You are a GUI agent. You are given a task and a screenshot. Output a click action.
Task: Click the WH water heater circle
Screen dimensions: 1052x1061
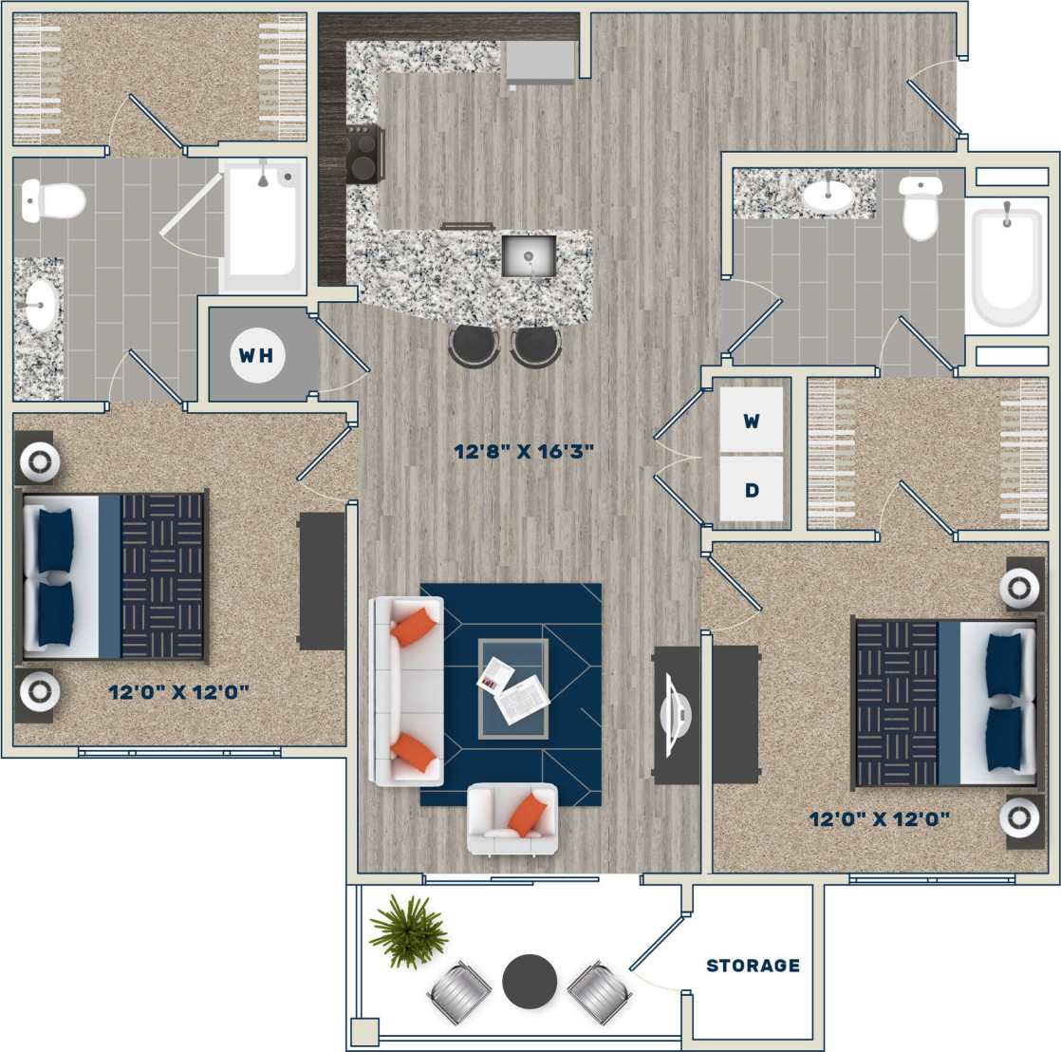tap(256, 355)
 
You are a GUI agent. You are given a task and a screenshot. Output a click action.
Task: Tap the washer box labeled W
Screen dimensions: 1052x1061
tap(751, 421)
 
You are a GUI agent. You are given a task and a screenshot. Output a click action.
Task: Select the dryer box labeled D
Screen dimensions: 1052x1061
tap(751, 490)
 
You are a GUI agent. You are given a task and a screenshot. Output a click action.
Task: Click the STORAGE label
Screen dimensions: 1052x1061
tap(753, 966)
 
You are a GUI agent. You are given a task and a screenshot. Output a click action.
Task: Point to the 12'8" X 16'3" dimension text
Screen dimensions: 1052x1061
tap(524, 452)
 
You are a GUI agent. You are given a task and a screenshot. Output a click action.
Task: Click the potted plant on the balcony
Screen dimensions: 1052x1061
tap(408, 930)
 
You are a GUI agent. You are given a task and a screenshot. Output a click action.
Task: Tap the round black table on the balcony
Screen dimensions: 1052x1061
tap(530, 982)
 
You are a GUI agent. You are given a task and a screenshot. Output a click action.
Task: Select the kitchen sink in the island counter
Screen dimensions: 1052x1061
tap(529, 255)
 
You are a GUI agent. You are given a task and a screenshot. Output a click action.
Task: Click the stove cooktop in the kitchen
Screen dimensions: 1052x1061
tap(365, 154)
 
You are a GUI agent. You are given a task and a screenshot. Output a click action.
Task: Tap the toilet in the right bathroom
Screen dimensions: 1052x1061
tap(921, 208)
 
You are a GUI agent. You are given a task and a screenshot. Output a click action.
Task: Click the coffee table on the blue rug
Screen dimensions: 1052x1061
tap(513, 688)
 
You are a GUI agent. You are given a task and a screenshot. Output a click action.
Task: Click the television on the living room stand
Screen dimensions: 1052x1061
tap(677, 715)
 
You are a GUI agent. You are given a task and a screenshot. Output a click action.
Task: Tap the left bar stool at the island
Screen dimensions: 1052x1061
tap(474, 345)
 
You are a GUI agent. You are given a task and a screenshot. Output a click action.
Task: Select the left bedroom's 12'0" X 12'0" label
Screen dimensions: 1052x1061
tap(178, 692)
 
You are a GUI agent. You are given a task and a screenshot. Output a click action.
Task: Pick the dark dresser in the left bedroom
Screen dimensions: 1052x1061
tap(322, 581)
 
